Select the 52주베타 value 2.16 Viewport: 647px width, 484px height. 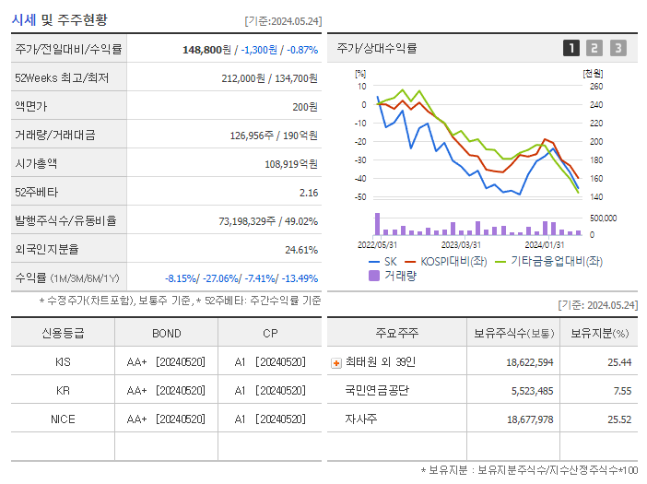coord(308,192)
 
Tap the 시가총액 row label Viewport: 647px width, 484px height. coord(36,163)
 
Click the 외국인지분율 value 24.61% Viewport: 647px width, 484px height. coord(300,249)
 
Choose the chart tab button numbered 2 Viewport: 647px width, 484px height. coord(594,48)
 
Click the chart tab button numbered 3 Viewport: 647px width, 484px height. coord(618,48)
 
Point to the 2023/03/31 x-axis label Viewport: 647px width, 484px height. coord(461,244)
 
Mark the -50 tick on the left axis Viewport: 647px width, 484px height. coord(359,197)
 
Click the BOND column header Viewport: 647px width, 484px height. coord(167,333)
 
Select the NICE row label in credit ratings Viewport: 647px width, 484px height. coord(63,419)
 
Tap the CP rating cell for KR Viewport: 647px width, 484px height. coord(269,390)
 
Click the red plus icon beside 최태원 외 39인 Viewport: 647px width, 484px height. coord(335,362)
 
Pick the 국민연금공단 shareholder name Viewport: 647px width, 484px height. coord(377,390)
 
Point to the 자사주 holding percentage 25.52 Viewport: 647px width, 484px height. coord(618,419)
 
